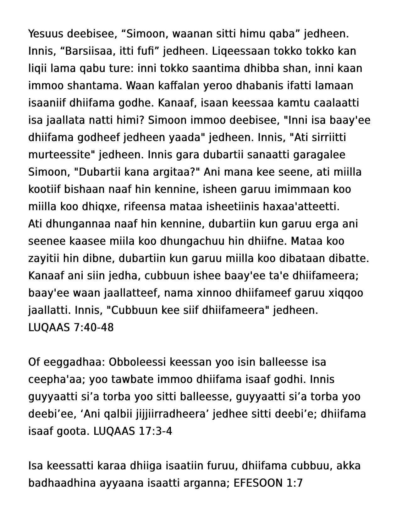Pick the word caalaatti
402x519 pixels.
tap(332, 103)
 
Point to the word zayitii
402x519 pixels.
tap(44, 258)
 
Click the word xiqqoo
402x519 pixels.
tap(345, 293)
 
